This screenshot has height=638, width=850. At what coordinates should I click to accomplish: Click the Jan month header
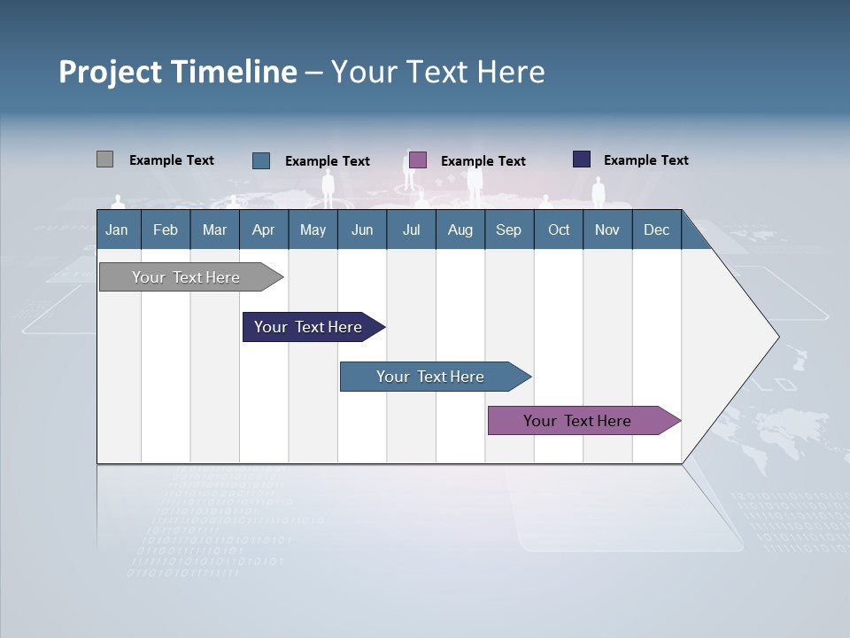(x=118, y=230)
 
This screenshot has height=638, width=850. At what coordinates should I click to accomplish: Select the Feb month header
(x=166, y=230)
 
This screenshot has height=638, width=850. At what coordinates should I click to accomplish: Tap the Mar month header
(x=214, y=230)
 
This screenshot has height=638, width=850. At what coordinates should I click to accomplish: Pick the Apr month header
(x=264, y=230)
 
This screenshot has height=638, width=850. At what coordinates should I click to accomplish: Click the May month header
(x=313, y=230)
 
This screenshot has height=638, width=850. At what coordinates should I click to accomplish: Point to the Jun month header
(x=362, y=230)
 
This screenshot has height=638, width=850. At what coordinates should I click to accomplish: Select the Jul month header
(x=411, y=230)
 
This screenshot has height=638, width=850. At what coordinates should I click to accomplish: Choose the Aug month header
(x=460, y=230)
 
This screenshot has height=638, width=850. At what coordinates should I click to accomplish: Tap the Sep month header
(x=509, y=230)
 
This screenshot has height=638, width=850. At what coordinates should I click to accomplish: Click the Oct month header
(x=559, y=230)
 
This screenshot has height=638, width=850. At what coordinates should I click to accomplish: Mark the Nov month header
(x=607, y=230)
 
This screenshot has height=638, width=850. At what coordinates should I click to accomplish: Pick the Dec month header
(x=657, y=230)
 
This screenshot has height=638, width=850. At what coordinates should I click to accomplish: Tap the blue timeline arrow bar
(x=431, y=377)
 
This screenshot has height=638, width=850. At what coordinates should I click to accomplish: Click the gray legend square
(x=104, y=159)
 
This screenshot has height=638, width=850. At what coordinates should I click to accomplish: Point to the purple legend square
(x=418, y=160)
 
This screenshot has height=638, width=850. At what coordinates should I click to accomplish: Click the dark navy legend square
(x=582, y=159)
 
